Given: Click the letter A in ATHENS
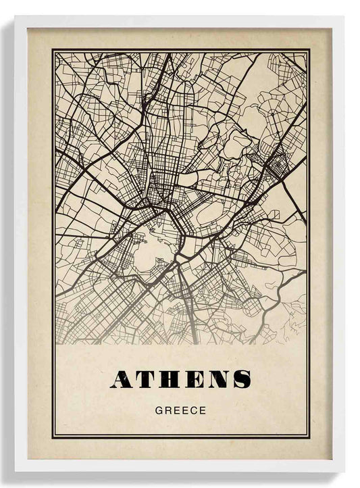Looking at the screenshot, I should pyautogui.click(x=122, y=380).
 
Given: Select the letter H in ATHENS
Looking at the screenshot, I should pyautogui.click(x=171, y=380).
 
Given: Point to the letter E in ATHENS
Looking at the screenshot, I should pyautogui.click(x=195, y=380).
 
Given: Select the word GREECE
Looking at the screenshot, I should pyautogui.click(x=180, y=410).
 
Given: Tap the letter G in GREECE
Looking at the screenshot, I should pyautogui.click(x=159, y=410).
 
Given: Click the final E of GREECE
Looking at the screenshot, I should pyautogui.click(x=202, y=410).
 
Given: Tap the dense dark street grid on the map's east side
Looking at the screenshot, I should pyautogui.click(x=278, y=162).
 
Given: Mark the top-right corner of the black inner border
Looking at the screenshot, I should pyautogui.click(x=309, y=50).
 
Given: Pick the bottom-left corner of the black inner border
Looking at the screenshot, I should pyautogui.click(x=53, y=437).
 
